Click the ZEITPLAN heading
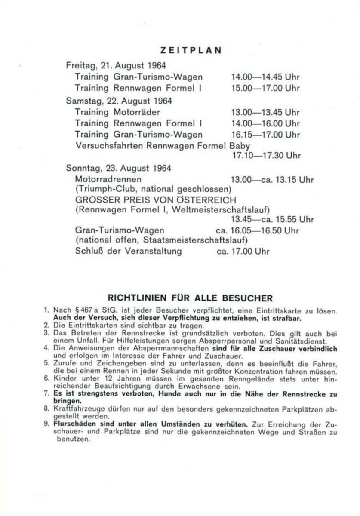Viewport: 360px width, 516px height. pyautogui.click(x=191, y=50)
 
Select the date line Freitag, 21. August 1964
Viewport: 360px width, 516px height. pyautogui.click(x=116, y=66)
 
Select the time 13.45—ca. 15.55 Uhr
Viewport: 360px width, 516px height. pyautogui.click(x=272, y=219)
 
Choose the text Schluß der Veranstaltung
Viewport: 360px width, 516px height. pyautogui.click(x=129, y=251)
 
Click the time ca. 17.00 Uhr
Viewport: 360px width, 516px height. pyautogui.click(x=243, y=252)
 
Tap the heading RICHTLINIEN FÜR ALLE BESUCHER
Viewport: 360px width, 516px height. pyautogui.click(x=190, y=298)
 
